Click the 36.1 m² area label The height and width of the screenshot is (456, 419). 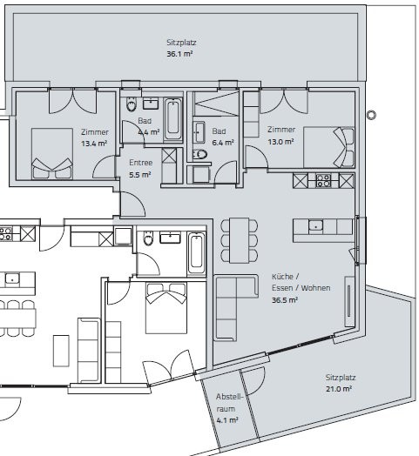179,54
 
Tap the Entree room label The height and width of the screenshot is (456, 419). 140,163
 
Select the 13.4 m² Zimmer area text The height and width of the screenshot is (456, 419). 94,144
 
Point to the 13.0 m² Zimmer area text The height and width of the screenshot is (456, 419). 280,142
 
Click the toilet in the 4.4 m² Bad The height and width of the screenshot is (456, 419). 132,104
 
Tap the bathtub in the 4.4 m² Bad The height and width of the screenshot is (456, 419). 173,119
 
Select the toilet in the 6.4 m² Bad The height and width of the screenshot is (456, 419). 199,154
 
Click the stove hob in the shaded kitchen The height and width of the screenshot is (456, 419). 323,181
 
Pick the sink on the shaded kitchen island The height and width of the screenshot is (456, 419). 315,226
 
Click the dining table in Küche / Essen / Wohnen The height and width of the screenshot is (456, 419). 239,240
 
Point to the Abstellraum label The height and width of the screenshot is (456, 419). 229,403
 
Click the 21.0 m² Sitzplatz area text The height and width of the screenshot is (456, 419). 339,389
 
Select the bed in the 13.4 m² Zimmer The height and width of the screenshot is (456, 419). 52,153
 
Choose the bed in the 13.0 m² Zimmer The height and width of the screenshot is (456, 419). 328,147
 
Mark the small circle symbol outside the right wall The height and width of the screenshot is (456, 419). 371,115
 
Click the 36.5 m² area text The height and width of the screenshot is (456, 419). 285,300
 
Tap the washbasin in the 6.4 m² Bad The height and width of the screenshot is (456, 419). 199,132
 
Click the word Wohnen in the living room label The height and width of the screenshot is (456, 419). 315,288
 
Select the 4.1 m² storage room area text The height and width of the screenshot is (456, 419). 227,420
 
